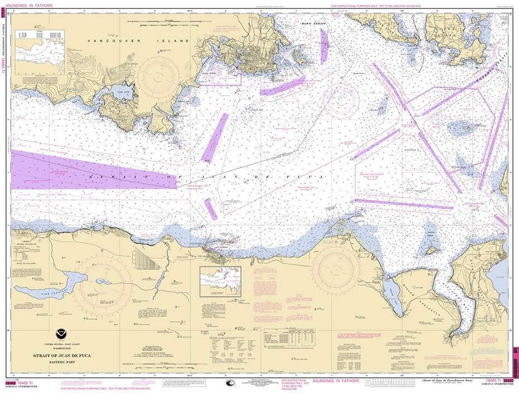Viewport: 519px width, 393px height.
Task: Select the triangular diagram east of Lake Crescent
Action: coord(147,260)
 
